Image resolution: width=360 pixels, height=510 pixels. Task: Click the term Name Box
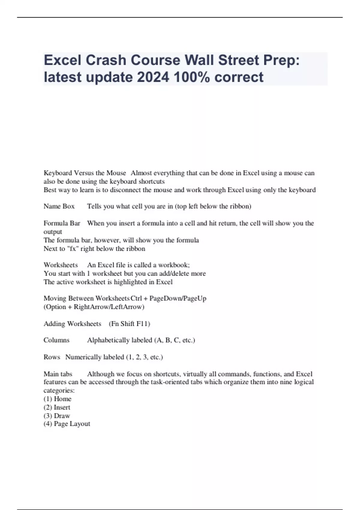coord(59,206)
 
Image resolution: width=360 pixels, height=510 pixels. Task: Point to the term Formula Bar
coord(62,223)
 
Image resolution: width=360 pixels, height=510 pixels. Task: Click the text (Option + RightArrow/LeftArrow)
coord(94,307)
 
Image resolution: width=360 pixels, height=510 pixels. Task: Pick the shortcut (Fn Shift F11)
coord(129,324)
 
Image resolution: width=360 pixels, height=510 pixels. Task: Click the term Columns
coord(56,340)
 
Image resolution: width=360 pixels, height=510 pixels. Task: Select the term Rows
coord(52,357)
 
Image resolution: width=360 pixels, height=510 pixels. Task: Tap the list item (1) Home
coord(58,399)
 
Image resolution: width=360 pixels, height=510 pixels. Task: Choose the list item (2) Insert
coord(57,407)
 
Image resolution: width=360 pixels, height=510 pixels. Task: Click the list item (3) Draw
coord(57,416)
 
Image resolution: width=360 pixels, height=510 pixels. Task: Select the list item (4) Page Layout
coord(67,424)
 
